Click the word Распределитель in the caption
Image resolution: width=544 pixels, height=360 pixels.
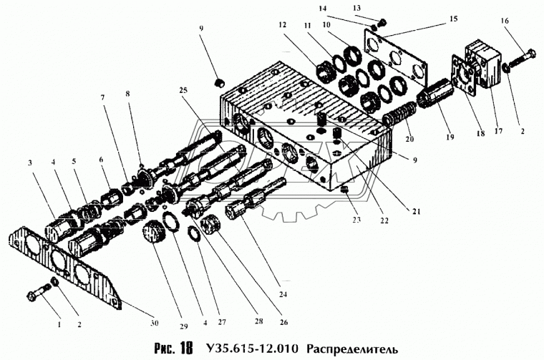coord(356,349)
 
